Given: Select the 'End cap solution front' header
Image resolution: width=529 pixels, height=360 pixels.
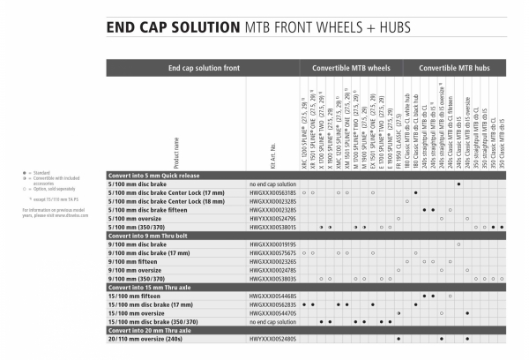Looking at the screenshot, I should point(203,68).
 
